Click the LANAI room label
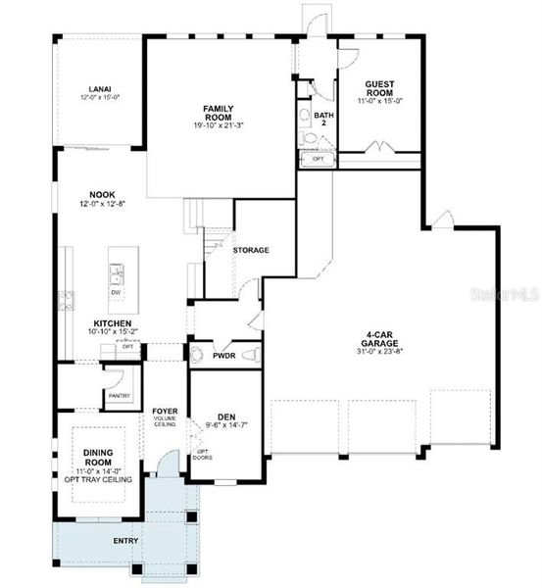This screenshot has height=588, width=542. (x=99, y=87)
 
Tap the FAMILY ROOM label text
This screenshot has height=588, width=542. (x=217, y=112)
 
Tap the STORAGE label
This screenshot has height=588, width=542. (x=251, y=250)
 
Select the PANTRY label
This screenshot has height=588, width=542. (x=120, y=396)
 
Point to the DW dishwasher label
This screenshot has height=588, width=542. (x=116, y=292)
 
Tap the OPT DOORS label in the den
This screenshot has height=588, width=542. (x=203, y=454)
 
